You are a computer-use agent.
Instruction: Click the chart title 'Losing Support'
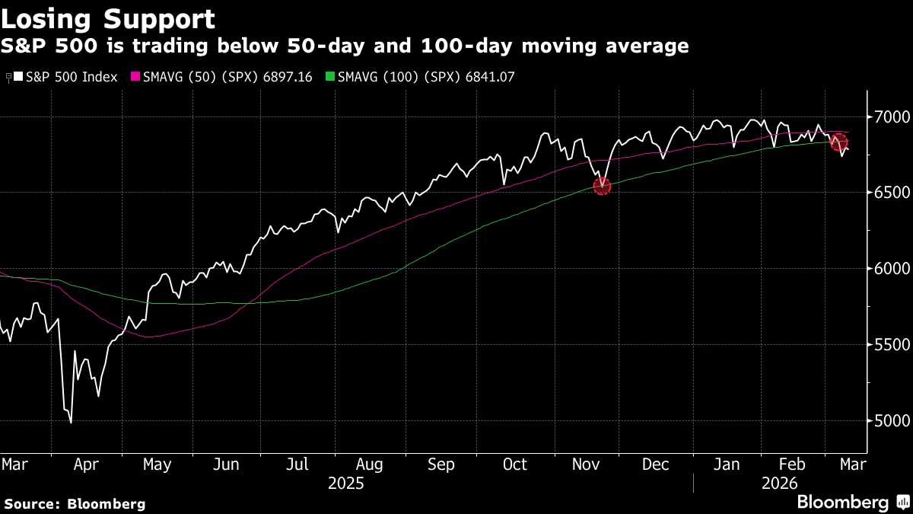coord(108,18)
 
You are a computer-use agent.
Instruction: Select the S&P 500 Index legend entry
coord(65,77)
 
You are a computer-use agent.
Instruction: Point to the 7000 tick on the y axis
coord(889,117)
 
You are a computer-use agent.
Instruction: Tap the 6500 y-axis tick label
coord(889,193)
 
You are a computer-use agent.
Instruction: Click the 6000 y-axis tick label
coord(889,269)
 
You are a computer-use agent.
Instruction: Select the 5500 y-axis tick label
coord(889,345)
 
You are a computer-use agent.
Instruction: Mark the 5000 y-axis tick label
coord(889,420)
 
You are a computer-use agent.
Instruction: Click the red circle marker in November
coord(602,186)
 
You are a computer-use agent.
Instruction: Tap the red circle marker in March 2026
coord(839,142)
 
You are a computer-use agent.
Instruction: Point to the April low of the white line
coord(71,422)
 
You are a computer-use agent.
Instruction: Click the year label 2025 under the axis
coord(345,483)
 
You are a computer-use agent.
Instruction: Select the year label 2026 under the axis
coord(778,483)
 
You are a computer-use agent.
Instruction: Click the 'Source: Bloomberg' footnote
coord(75,503)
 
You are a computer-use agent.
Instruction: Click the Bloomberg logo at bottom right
coord(852,503)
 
